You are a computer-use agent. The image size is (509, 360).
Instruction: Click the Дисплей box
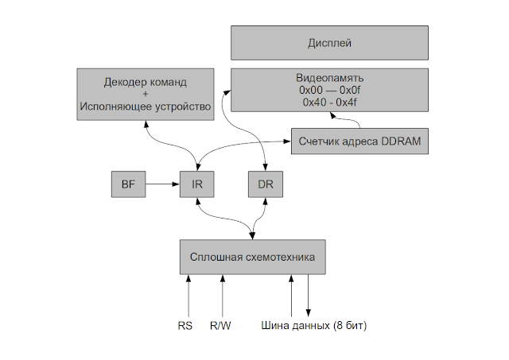(x=329, y=42)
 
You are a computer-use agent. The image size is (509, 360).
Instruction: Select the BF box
(x=127, y=184)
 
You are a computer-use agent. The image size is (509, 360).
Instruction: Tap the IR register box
(x=197, y=184)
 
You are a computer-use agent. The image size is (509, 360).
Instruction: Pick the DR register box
(x=266, y=184)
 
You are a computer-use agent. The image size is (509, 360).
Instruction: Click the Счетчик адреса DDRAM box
(x=359, y=141)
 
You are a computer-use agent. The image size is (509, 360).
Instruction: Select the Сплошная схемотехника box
(x=253, y=257)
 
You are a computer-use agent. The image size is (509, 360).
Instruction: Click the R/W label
(x=220, y=326)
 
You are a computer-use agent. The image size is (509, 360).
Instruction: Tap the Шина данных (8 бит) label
(x=313, y=326)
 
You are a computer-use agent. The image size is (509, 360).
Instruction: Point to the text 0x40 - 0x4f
(x=329, y=103)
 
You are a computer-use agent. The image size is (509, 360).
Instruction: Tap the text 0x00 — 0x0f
(x=329, y=91)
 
